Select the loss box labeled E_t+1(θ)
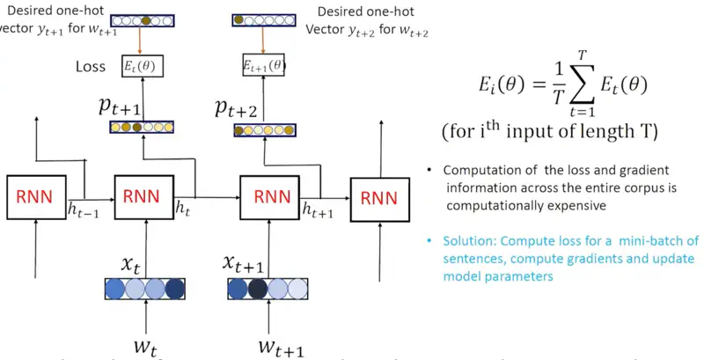(263, 64)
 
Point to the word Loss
(92, 65)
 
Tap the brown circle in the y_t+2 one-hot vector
(238, 19)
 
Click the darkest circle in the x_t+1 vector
(258, 290)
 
